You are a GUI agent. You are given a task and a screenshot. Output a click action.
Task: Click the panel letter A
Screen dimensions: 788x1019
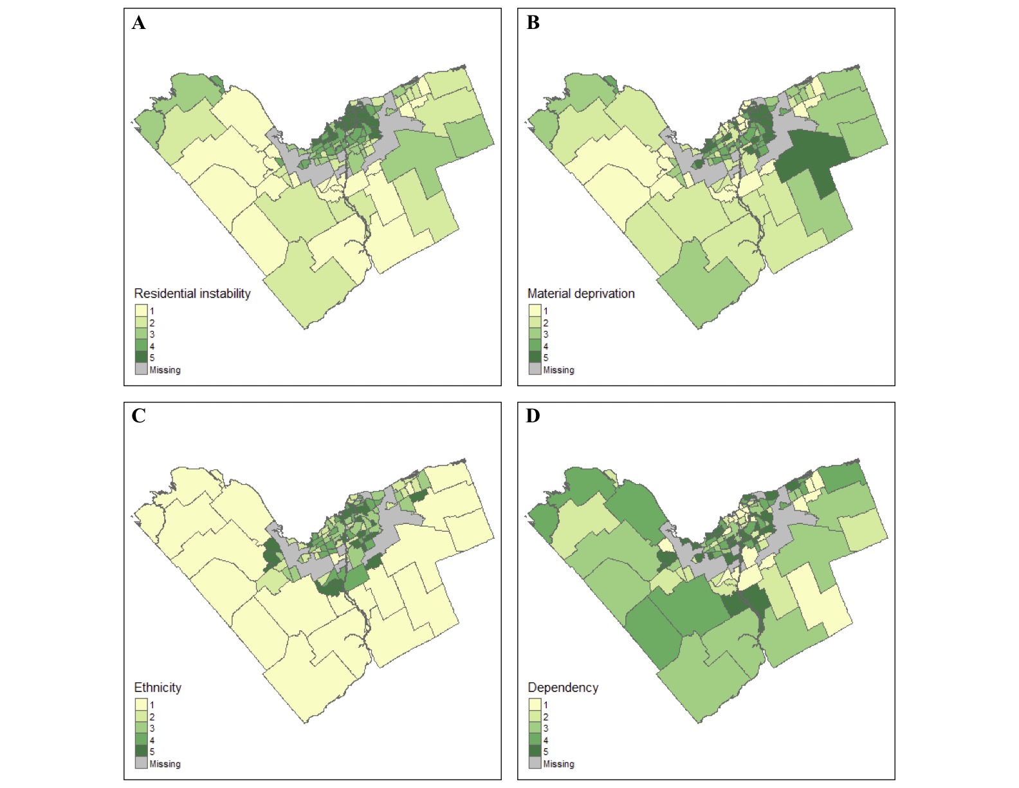(139, 23)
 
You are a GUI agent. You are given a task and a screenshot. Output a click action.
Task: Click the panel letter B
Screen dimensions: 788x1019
(533, 23)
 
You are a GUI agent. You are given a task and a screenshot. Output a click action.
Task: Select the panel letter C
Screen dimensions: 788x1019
(139, 417)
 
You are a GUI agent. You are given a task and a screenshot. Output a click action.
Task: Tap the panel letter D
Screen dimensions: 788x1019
(533, 417)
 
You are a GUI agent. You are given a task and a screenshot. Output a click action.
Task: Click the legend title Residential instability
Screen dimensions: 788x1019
(192, 294)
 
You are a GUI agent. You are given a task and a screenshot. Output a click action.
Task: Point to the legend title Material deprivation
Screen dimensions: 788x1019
(580, 294)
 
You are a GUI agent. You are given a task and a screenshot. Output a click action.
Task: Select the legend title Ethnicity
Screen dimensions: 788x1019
(158, 688)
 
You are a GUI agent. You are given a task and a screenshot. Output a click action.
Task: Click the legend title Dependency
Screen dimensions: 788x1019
(563, 688)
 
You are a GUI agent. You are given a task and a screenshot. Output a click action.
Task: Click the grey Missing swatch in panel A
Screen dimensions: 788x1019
(141, 370)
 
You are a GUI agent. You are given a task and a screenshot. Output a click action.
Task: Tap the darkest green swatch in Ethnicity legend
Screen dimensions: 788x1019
(141, 751)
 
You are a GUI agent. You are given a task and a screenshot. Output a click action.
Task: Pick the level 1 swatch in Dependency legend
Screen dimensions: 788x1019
(535, 705)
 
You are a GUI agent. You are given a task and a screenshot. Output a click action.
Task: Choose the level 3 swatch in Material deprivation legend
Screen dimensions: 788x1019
(535, 334)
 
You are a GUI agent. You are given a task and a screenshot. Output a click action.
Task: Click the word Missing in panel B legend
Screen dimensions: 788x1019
(558, 370)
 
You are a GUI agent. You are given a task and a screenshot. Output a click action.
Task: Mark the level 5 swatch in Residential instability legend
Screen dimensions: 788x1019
(141, 357)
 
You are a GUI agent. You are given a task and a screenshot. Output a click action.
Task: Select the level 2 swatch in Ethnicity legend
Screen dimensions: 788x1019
(141, 717)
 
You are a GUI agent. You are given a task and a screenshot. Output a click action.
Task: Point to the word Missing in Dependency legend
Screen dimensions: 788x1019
(558, 764)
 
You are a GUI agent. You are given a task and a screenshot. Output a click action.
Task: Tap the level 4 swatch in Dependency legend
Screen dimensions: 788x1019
(535, 740)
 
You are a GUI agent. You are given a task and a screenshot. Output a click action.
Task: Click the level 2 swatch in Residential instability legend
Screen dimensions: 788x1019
(141, 323)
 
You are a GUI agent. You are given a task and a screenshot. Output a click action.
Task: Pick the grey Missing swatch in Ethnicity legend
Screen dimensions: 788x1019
(141, 764)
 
